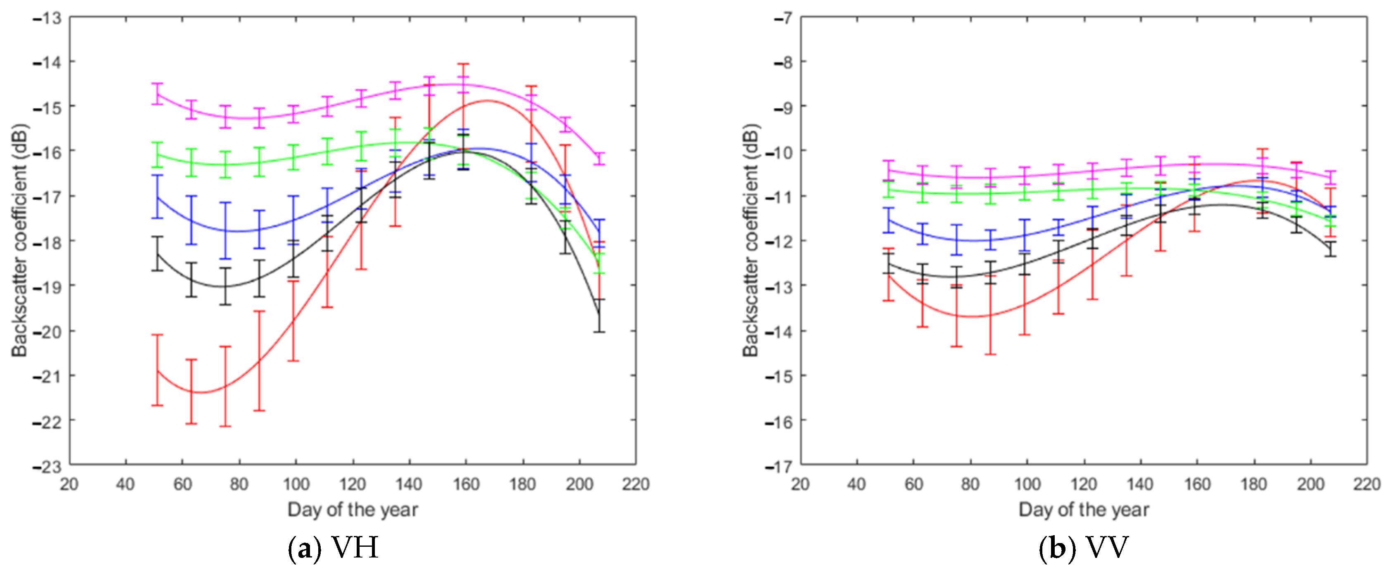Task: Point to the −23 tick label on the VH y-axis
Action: tap(47, 467)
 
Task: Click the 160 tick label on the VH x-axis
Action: tap(465, 484)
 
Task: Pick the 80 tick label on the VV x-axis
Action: tap(970, 484)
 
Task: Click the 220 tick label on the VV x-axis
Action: tap(1367, 484)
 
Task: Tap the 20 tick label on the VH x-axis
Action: tap(69, 484)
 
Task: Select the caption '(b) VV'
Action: tap(1083, 548)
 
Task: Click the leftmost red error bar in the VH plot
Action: tap(157, 370)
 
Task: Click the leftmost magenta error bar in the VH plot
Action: tap(157, 93)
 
